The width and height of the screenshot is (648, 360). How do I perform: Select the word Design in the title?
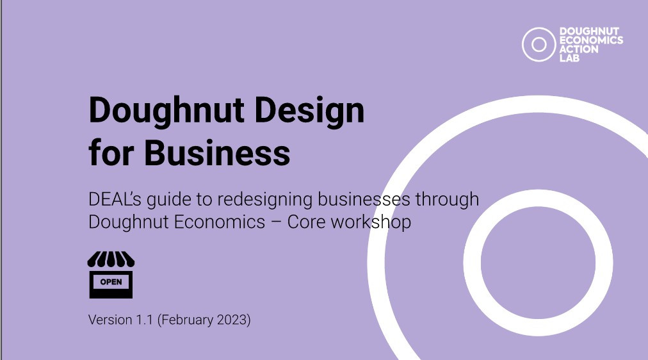(309, 110)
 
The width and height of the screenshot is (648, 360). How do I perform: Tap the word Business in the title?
(217, 152)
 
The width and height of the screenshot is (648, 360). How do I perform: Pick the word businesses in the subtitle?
(364, 199)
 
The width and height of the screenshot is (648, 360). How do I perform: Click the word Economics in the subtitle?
(220, 222)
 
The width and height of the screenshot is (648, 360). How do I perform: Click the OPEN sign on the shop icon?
(111, 282)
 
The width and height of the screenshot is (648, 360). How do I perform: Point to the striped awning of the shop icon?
(111, 259)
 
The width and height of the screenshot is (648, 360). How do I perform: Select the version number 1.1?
(144, 320)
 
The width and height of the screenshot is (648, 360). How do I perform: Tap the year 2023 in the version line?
(231, 320)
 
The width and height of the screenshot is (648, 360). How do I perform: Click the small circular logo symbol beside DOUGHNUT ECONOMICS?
(539, 45)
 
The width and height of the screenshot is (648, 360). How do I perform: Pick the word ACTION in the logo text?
(579, 49)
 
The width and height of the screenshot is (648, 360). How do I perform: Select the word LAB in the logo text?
(569, 58)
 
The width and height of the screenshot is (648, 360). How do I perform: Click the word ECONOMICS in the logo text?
(592, 40)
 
